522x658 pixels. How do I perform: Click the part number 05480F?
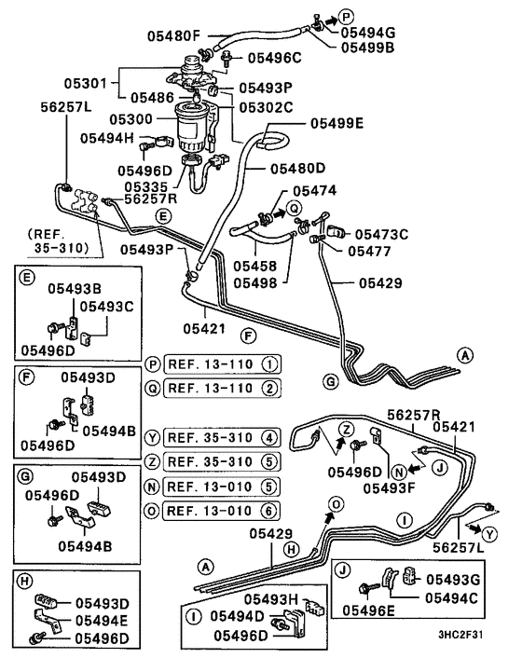[x=174, y=36]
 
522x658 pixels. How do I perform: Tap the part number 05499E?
[x=340, y=121]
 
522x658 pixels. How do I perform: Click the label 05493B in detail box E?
[x=76, y=289]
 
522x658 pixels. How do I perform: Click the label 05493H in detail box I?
[x=272, y=597]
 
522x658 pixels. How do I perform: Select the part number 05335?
[x=148, y=186]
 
